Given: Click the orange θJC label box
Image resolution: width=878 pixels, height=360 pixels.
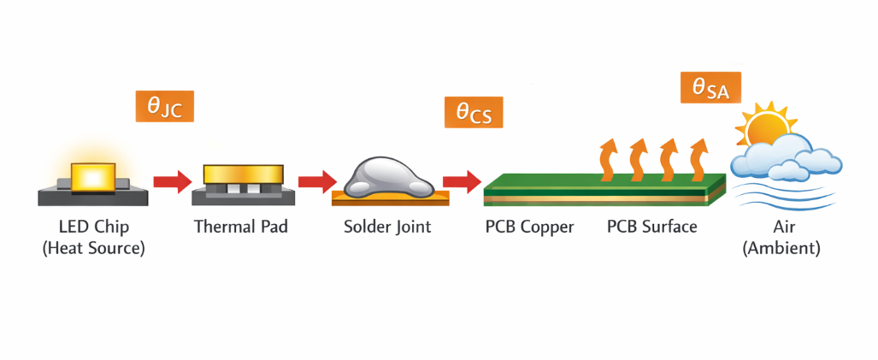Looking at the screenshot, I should (x=165, y=106).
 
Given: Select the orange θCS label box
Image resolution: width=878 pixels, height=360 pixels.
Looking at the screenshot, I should (x=474, y=112).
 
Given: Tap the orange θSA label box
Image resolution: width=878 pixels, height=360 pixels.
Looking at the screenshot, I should (x=710, y=87).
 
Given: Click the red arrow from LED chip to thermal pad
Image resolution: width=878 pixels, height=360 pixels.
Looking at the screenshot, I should (x=173, y=180).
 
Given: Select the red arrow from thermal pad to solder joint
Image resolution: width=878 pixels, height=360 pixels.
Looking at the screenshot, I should (x=317, y=181).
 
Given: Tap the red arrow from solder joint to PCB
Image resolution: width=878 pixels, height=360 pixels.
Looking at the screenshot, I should (x=462, y=180).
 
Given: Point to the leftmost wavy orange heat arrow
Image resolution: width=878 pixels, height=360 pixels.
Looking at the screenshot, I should (x=609, y=159).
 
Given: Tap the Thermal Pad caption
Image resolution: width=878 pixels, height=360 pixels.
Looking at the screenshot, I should (x=241, y=227).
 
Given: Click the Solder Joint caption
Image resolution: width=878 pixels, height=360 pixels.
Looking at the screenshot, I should (x=387, y=227).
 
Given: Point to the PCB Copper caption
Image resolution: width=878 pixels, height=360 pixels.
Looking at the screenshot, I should (x=529, y=227).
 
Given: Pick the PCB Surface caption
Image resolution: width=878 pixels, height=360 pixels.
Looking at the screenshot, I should (x=651, y=227).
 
